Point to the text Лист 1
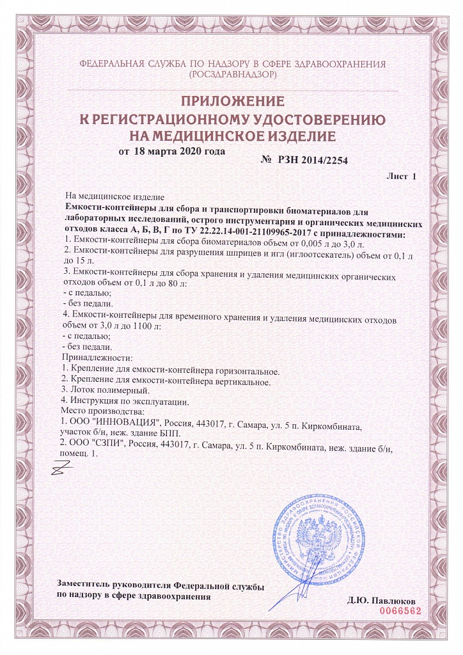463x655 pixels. coord(402,175)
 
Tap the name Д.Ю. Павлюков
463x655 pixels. coord(382,601)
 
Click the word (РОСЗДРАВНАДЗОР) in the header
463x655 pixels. coord(231,75)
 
